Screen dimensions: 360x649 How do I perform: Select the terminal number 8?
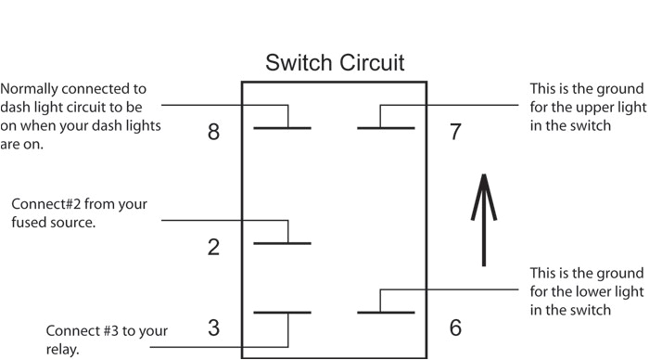point(213,132)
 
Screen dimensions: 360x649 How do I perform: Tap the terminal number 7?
point(455,132)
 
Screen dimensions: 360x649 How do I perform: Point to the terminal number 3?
point(213,328)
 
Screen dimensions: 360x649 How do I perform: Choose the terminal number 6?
point(455,328)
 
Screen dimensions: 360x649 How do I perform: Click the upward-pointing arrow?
point(483,219)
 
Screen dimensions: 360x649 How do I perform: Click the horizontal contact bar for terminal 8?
point(282,127)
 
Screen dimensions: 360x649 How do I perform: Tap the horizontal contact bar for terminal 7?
point(386,127)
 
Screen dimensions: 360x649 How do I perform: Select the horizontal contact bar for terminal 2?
point(282,243)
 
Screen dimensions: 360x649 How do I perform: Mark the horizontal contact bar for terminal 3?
point(282,313)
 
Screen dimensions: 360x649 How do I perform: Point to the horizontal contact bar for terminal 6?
point(386,313)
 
